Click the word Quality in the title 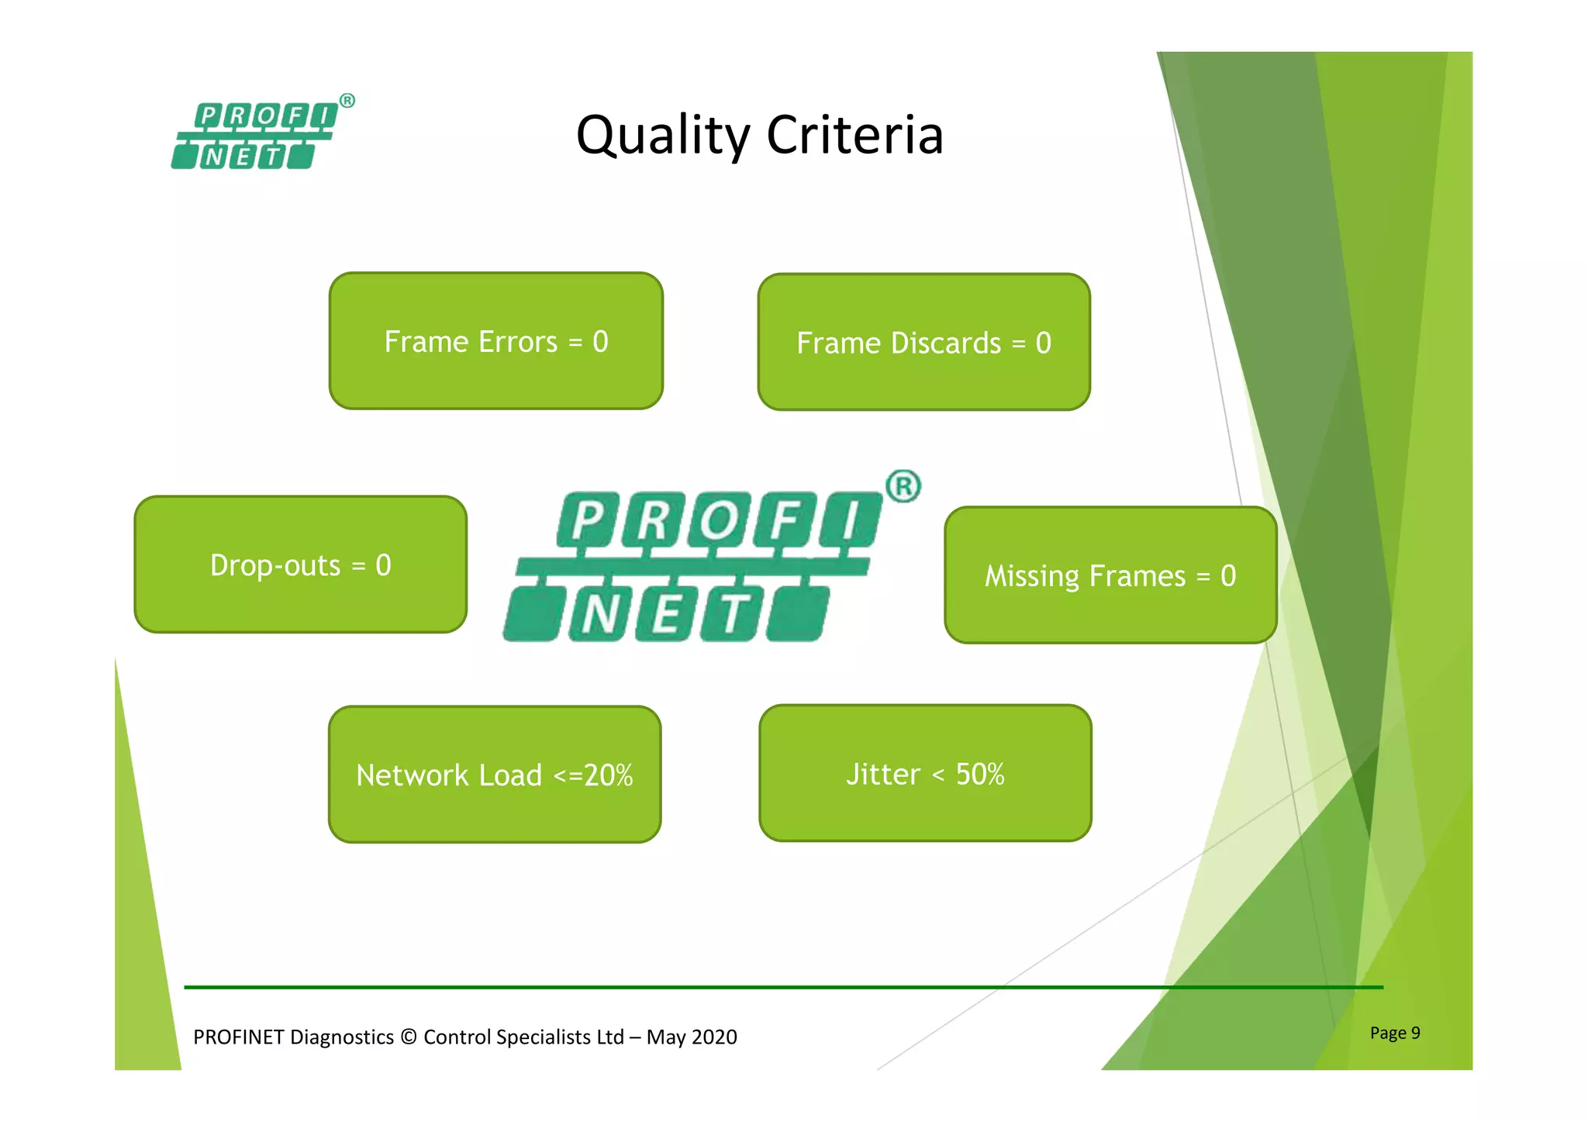pyautogui.click(x=663, y=136)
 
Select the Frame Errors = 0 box pyautogui.click(x=496, y=341)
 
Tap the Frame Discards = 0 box pyautogui.click(x=923, y=343)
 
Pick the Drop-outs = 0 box pyautogui.click(x=300, y=565)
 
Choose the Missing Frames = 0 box pyautogui.click(x=1110, y=575)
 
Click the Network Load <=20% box pyautogui.click(x=495, y=775)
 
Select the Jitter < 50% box pyautogui.click(x=925, y=773)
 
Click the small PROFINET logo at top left pyautogui.click(x=256, y=136)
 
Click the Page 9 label pyautogui.click(x=1394, y=1033)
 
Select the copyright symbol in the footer pyautogui.click(x=409, y=1037)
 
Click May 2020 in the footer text pyautogui.click(x=692, y=1037)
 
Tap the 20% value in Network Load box pyautogui.click(x=608, y=775)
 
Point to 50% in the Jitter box pyautogui.click(x=979, y=774)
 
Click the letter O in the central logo pyautogui.click(x=720, y=520)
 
